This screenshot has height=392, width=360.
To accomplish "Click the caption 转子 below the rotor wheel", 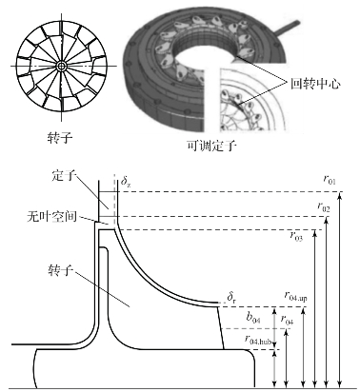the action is pos(60,138).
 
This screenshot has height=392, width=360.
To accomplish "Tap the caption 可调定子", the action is pos(211,146).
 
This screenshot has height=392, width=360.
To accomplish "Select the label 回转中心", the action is pos(315,84).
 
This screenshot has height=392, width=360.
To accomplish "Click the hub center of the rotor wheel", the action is pos(61,66).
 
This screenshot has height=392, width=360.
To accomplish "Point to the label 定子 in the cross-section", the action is pos(64,175).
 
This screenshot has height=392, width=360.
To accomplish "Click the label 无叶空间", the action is pos(51,217).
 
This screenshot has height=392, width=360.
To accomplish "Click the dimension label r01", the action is pos(330,180).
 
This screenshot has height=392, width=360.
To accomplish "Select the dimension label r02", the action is pos(324,207).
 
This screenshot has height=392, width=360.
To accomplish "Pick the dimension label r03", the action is pos(296,236).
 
